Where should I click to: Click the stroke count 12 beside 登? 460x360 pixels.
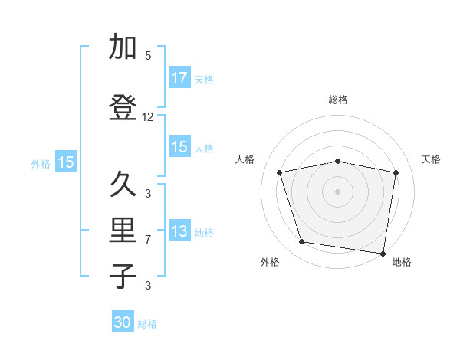(148, 117)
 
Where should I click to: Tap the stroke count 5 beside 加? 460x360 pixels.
(148, 56)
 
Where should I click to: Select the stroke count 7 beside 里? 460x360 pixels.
(148, 240)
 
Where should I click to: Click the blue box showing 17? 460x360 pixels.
(179, 78)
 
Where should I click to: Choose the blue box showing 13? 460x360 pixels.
(179, 231)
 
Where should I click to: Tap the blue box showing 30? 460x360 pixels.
(123, 322)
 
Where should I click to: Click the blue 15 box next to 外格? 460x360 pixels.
(65, 162)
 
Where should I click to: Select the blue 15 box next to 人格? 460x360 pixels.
(179, 147)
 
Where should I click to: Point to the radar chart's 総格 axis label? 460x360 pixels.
(338, 100)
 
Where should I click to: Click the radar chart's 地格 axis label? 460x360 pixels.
(402, 262)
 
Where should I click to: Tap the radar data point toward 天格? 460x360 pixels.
(396, 172)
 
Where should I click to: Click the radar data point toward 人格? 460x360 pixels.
(280, 172)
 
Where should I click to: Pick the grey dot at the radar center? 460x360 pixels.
(338, 191)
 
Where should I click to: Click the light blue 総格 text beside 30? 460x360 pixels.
(147, 324)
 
